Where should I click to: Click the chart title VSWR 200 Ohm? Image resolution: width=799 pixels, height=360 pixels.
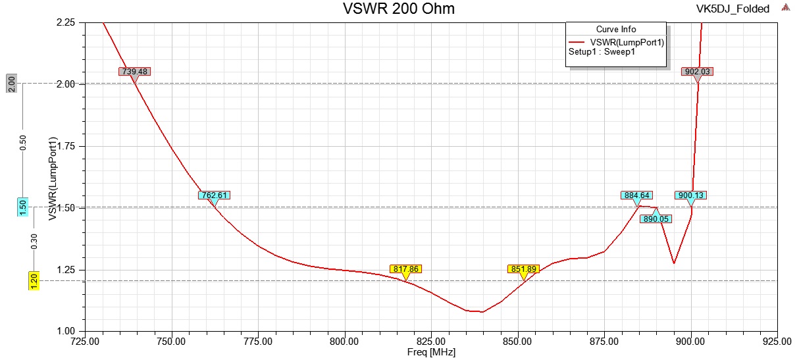[398, 9]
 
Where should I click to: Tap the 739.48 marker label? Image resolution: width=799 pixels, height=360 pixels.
[135, 71]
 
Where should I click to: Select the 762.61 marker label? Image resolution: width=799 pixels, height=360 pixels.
[215, 195]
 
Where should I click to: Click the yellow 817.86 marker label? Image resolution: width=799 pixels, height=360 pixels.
[405, 269]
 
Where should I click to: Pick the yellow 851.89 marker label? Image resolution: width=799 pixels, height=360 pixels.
[524, 269]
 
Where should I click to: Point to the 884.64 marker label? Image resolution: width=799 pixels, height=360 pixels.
[636, 195]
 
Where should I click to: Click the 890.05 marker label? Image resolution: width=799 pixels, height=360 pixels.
[656, 219]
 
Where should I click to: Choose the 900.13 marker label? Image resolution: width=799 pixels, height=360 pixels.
[691, 195]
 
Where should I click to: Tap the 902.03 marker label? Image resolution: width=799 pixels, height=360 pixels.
[697, 71]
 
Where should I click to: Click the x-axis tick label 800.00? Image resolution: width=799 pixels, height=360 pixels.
[344, 341]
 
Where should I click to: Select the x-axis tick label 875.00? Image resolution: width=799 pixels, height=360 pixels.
[604, 341]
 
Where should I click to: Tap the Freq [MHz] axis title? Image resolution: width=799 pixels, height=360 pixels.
[431, 352]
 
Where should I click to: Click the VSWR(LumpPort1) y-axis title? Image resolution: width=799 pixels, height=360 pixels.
[53, 178]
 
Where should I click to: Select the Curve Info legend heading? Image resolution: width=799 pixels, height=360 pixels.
[616, 30]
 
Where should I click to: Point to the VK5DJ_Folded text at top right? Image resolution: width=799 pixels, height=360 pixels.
[733, 9]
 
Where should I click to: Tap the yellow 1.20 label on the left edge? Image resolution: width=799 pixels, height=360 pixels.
[33, 280]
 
